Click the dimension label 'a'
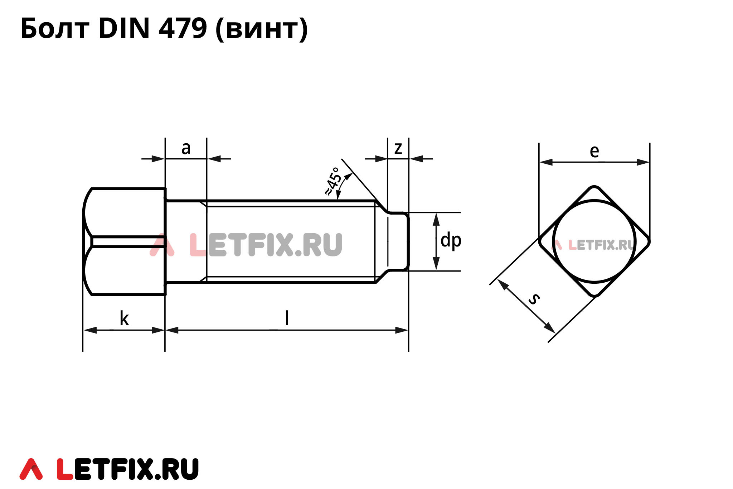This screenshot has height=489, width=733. pos(186,148)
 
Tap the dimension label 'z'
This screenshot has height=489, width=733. pos(398,148)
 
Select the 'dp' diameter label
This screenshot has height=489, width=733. pos(451,240)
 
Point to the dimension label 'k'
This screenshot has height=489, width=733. pos(124,318)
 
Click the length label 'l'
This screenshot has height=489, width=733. pos(287,318)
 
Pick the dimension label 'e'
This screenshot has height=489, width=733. pos(594,151)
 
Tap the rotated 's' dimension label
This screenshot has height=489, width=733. pos(534,298)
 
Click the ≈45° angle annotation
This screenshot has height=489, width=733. pos(333,181)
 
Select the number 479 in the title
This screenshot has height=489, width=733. pos(183,29)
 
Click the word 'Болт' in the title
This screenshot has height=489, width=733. pos(55,29)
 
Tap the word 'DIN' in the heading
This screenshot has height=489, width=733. pos(124,29)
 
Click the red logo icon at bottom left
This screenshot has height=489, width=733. pos(31,469)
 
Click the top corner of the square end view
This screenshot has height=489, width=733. pos(594,187)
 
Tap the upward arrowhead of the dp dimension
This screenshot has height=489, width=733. pos(436,218)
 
